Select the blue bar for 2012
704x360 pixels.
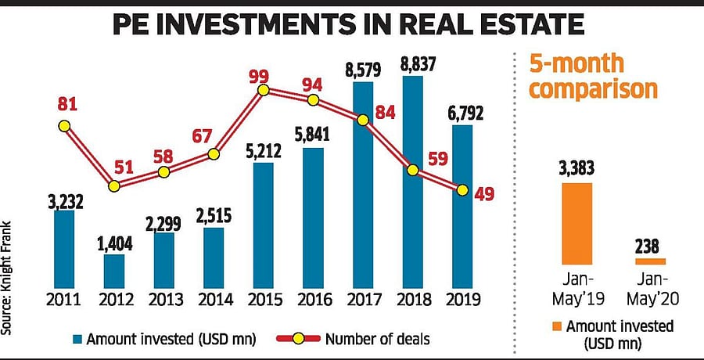(114, 269)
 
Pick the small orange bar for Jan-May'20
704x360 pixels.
(645, 261)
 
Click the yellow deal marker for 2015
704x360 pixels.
(264, 90)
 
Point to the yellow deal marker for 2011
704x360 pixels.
(64, 125)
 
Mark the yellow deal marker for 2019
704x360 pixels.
(462, 190)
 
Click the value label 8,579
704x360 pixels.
(364, 70)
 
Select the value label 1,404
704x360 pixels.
(116, 243)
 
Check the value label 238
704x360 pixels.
(645, 245)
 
